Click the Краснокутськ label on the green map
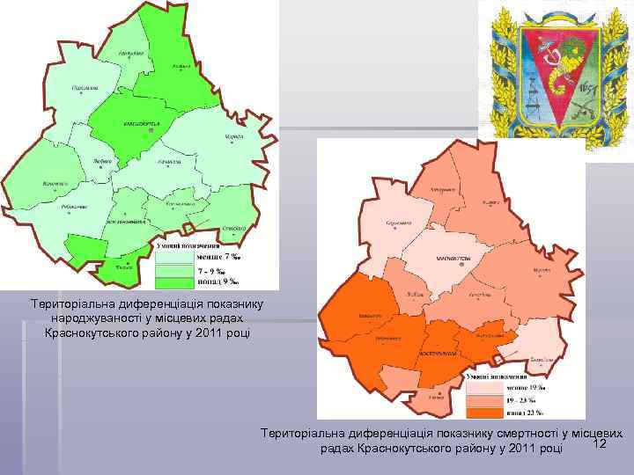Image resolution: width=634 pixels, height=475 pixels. point(141,124)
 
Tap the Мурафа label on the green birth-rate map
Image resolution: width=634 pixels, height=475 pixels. point(233,138)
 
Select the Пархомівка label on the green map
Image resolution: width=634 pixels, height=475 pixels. point(85,88)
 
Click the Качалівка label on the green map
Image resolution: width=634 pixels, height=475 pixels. point(169,162)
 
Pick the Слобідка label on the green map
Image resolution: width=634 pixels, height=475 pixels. point(234,228)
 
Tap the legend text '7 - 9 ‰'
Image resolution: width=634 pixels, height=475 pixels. point(212,270)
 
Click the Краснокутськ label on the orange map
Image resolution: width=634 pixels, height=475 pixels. point(454,257)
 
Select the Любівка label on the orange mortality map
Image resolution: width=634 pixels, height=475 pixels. point(414,293)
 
